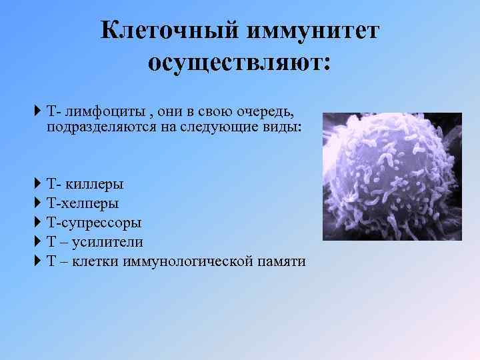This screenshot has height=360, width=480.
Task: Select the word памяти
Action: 281,261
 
